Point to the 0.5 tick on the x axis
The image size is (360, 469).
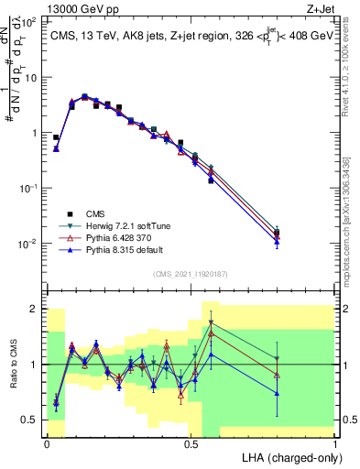coord(191,443)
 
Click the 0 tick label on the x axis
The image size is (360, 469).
coord(47,443)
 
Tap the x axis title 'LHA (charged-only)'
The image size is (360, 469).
coord(290,457)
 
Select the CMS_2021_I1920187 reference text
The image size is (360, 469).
coord(190,274)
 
